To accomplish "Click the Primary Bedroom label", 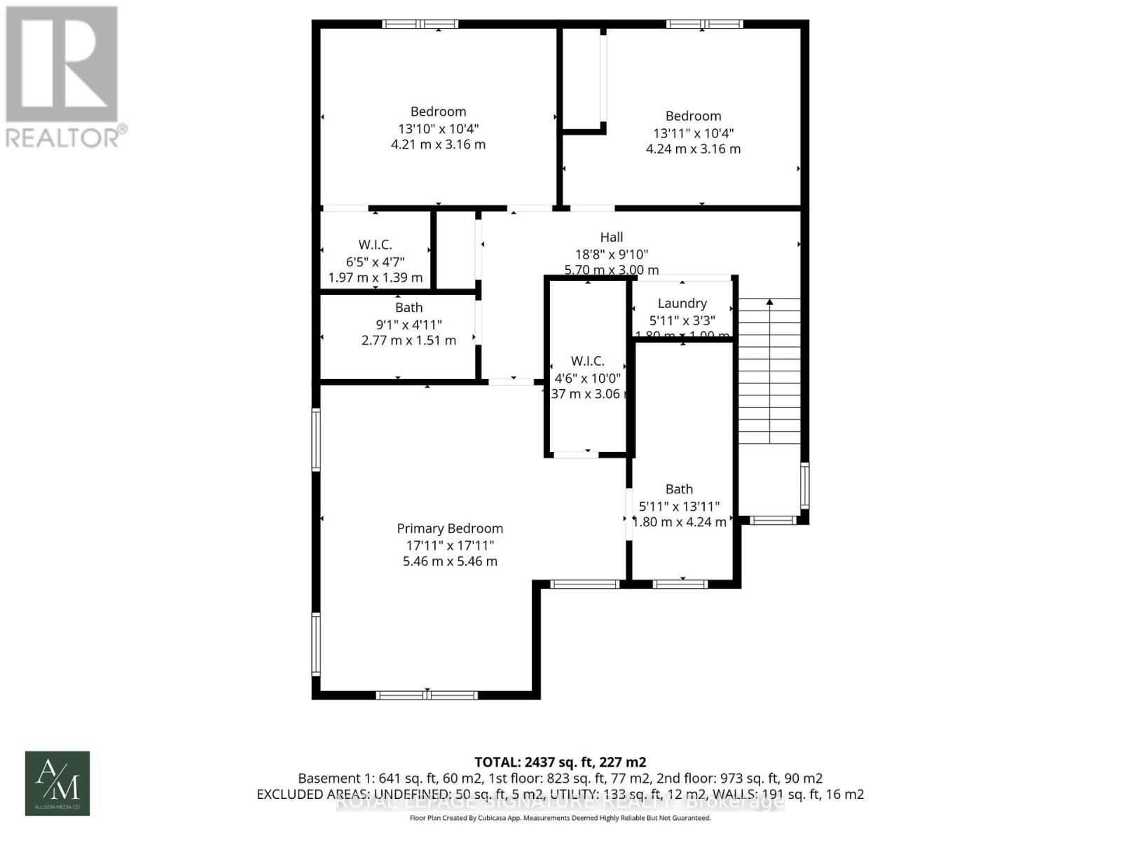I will point(450,528).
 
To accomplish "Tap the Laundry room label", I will point(682,303).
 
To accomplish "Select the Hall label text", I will point(611,238).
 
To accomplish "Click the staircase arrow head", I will point(769,302).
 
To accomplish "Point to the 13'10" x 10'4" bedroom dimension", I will point(438,128).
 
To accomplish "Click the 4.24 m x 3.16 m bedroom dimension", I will point(693,149).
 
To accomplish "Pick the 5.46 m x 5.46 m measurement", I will point(450,561).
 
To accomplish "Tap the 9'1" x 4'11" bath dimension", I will point(408,324).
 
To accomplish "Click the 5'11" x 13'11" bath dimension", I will point(679,506).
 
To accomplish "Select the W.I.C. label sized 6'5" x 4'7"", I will point(375,245).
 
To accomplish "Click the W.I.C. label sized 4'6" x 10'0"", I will point(587,361).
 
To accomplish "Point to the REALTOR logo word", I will point(63,137).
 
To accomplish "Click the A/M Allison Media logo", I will point(57,783).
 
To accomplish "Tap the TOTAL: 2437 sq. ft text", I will point(560,762).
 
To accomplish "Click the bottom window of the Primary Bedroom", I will point(427,695).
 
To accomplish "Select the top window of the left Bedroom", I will point(420,24).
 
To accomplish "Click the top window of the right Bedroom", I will point(704,24).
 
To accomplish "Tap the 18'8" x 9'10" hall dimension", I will point(611,254).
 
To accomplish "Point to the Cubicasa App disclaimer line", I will point(560,818).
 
